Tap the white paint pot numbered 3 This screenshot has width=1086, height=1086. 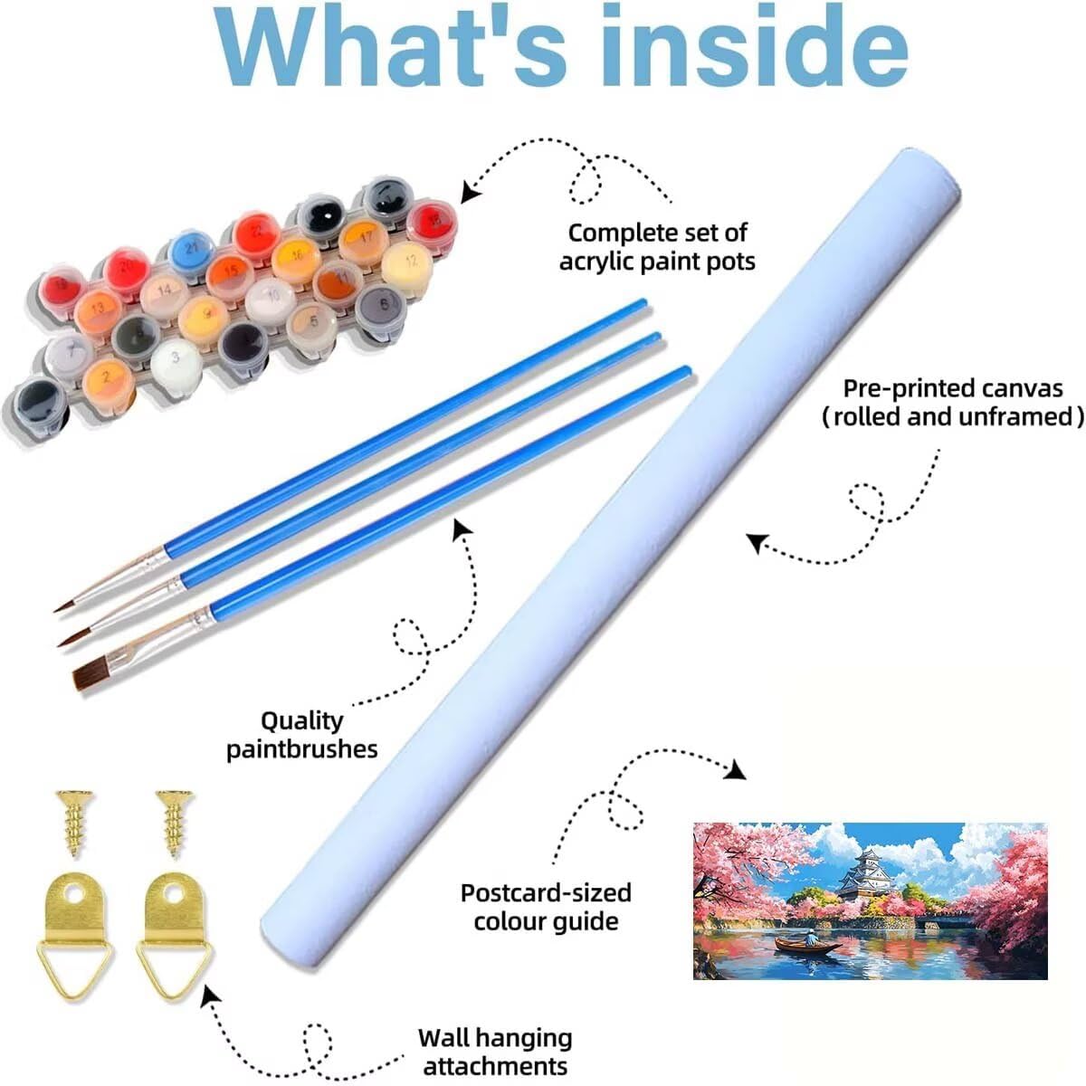click(x=176, y=361)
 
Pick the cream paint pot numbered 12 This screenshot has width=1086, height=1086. click(x=407, y=263)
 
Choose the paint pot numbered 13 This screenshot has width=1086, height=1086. click(x=98, y=310)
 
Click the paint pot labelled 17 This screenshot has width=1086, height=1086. click(x=365, y=241)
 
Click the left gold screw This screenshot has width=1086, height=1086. click(x=74, y=823)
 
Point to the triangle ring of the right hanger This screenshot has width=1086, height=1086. click(x=174, y=969)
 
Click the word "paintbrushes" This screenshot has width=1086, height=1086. click(x=302, y=750)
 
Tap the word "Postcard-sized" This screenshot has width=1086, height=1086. click(x=546, y=892)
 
